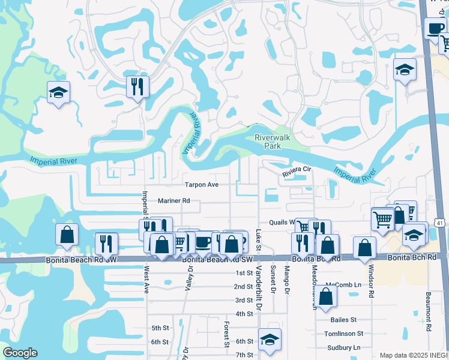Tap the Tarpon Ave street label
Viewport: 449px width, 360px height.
201,185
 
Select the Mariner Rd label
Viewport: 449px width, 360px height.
173,201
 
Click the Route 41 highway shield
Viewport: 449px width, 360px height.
440,223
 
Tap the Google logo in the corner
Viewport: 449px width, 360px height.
20,353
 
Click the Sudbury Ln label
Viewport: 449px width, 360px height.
344,347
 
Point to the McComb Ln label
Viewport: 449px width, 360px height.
343,284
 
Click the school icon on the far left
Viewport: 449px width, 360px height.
58,92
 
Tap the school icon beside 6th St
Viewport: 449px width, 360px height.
270,338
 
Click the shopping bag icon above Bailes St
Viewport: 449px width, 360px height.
325,297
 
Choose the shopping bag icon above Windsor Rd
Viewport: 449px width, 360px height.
364,247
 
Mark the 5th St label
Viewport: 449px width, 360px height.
160,328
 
